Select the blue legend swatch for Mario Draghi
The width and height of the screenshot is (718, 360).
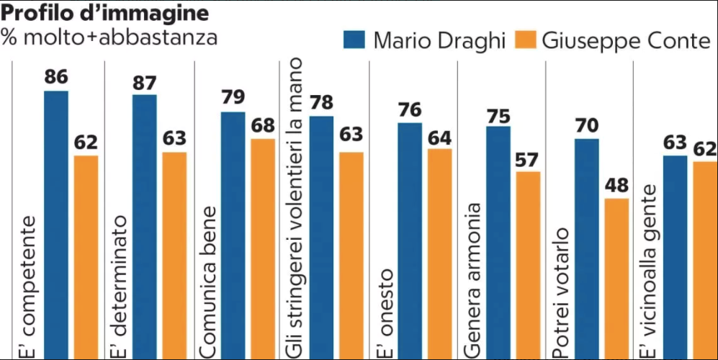354,40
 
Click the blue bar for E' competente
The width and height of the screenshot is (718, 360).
56,223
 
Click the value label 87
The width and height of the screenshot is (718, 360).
145,83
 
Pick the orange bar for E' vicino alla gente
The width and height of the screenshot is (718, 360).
705,259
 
